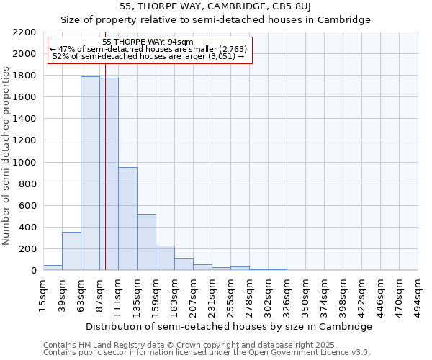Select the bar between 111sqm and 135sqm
click(x=127, y=219)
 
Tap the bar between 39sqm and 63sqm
click(x=71, y=251)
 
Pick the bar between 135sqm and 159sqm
click(x=146, y=242)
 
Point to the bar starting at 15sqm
click(x=53, y=268)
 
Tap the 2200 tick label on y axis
click(x=24, y=32)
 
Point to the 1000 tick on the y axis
click(x=24, y=163)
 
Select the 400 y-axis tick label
click(x=27, y=228)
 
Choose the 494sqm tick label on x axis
click(x=418, y=294)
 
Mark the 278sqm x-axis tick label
click(x=249, y=294)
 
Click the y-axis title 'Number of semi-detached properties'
click(x=6, y=155)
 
